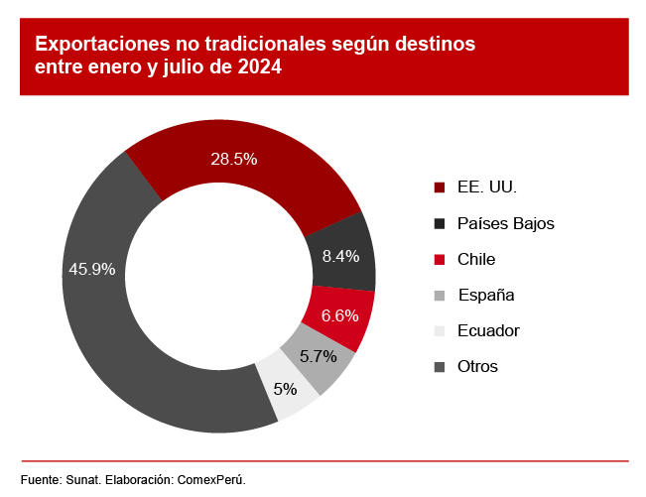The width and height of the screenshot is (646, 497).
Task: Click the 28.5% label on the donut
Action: pos(234,159)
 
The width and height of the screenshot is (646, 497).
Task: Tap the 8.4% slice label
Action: pos(340,256)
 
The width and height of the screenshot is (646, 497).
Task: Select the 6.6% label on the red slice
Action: pos(340,316)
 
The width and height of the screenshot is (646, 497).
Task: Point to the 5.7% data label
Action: pos(319,356)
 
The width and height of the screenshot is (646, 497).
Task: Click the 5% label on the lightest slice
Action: pos(286,389)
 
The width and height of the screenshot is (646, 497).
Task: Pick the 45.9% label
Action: pos(91,269)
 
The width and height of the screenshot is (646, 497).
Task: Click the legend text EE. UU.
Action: pos(487,187)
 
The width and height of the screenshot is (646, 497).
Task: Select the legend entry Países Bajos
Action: pos(505,223)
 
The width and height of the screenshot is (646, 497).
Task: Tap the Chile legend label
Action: pos(476,259)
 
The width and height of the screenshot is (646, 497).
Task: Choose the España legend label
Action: pos(485,295)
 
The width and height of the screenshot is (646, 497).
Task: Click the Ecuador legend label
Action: pos(488,330)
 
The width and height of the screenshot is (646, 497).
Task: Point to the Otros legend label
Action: pos(477,366)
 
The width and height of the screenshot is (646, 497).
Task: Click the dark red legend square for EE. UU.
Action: pos(440,187)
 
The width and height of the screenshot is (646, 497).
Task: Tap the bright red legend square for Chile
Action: pos(440,259)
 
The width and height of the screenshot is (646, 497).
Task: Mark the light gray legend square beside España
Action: pos(440,295)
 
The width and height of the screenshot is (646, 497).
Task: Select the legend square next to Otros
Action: pos(440,366)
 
